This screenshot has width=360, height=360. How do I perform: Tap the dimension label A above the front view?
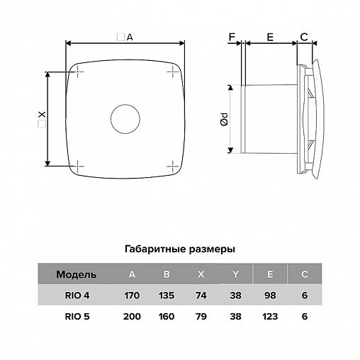[130, 38]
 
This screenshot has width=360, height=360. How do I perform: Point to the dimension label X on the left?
[42, 115]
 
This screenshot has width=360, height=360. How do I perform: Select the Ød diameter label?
[225, 119]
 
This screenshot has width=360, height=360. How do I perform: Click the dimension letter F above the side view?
[232, 37]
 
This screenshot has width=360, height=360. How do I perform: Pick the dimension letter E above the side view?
[270, 37]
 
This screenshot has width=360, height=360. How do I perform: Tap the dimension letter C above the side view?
[304, 37]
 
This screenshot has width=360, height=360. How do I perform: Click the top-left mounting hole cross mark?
[78, 72]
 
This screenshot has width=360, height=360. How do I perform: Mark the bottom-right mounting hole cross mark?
[173, 166]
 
